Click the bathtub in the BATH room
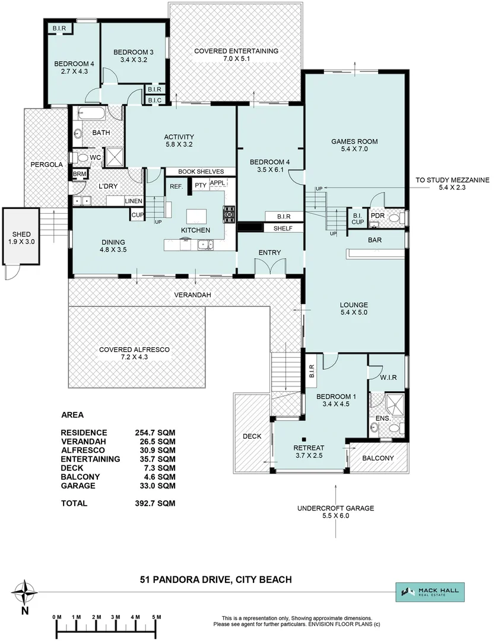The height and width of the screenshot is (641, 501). [x=95, y=114]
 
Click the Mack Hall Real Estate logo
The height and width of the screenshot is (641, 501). [x=430, y=592]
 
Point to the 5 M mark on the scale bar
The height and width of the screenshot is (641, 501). [x=157, y=618]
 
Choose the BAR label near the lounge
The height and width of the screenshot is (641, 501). [x=375, y=240]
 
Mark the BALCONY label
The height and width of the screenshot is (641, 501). [x=378, y=458]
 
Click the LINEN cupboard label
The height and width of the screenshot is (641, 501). [x=133, y=201]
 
